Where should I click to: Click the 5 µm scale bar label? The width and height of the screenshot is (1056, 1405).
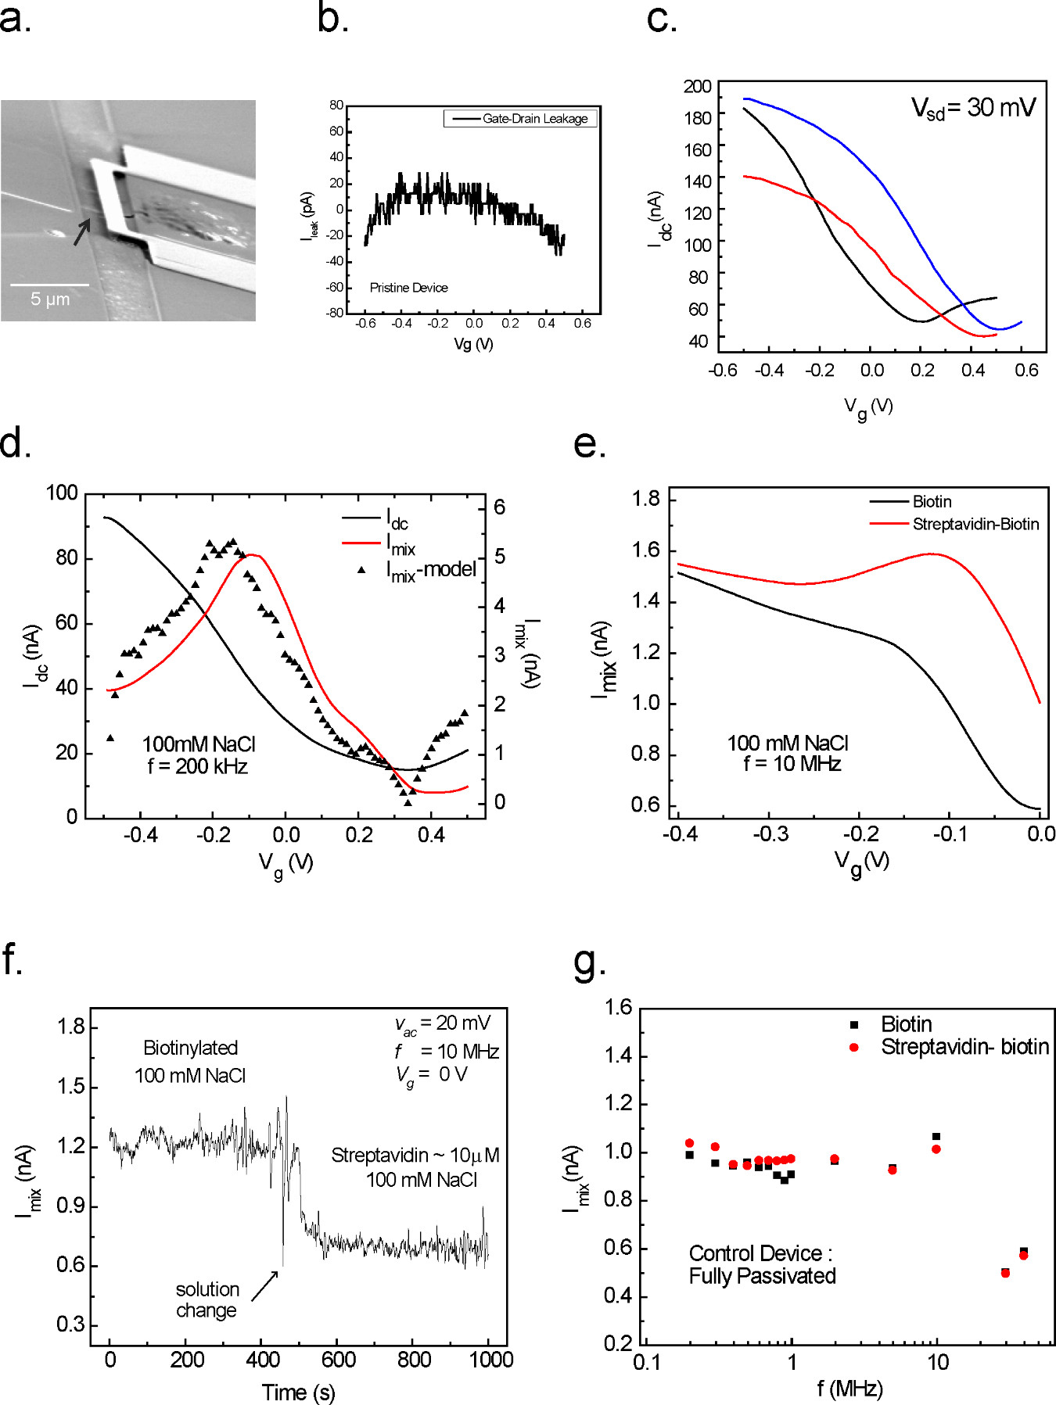click(50, 299)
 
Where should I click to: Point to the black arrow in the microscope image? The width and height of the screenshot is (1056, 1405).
click(82, 231)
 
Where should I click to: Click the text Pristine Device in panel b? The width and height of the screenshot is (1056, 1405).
click(408, 288)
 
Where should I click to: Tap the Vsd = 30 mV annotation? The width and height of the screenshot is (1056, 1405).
click(973, 108)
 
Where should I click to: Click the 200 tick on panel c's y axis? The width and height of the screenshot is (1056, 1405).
click(697, 86)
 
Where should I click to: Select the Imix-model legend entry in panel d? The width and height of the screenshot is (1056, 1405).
click(431, 571)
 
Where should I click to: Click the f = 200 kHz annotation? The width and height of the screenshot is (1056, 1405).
click(198, 767)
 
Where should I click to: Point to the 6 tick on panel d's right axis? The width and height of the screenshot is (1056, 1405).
click(499, 507)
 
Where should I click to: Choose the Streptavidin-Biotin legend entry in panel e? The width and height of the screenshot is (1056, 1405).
click(975, 524)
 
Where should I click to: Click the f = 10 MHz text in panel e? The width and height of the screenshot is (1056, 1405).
click(792, 764)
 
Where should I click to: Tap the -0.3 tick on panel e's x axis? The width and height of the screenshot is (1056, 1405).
click(770, 834)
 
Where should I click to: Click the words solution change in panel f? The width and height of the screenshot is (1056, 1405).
click(207, 1299)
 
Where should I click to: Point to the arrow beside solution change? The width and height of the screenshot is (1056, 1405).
click(264, 1286)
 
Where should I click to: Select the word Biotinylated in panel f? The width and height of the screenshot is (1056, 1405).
click(190, 1048)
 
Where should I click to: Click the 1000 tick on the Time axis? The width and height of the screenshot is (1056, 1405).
click(490, 1360)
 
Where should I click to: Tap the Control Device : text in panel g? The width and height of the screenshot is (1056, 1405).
click(760, 1253)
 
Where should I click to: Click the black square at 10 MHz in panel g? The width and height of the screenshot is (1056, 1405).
click(936, 1136)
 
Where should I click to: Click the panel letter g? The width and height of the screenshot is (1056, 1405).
click(587, 963)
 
